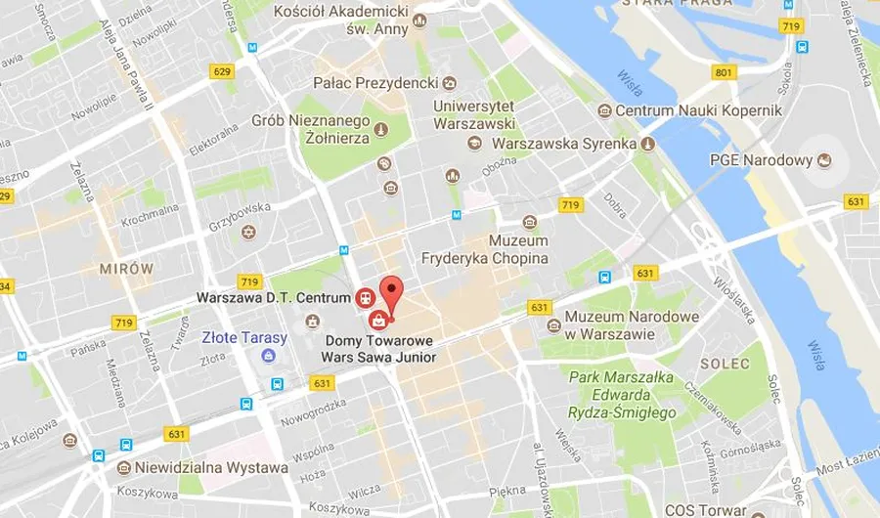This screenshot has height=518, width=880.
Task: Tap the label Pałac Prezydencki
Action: point(375,83)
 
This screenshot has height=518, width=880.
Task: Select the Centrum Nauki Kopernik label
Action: point(698,110)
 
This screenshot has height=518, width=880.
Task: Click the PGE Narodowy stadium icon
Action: point(824,160)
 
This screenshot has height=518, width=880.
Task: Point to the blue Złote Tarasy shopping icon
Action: point(267,357)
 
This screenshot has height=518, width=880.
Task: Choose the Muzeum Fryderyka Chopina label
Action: point(484,250)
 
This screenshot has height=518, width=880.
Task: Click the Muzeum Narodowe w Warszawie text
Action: point(632,324)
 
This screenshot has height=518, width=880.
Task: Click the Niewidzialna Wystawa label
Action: point(212,467)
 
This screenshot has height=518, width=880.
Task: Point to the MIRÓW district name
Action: point(126,268)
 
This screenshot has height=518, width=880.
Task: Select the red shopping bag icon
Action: point(376,320)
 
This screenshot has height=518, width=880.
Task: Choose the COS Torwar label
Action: point(705,509)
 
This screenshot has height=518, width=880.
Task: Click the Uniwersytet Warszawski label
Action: point(474,113)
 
